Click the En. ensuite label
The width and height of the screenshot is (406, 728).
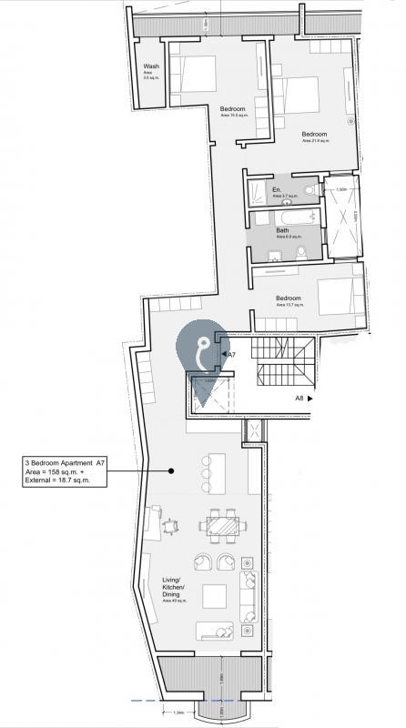278,191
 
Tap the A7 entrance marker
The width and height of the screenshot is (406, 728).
230,354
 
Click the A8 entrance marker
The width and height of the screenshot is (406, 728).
301,398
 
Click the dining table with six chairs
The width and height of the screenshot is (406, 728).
222,526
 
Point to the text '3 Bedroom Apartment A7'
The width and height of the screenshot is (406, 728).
65,463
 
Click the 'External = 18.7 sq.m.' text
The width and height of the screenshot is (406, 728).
63,480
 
